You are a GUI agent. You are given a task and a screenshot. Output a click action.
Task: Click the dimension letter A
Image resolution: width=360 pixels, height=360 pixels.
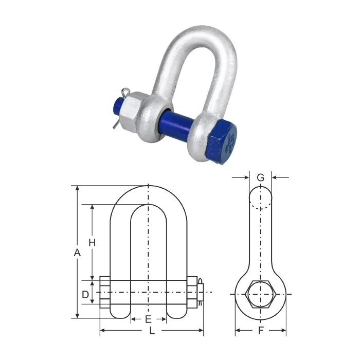click(x=77, y=253)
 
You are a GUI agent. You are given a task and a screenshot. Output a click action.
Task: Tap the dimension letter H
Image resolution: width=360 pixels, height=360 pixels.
click(x=92, y=242)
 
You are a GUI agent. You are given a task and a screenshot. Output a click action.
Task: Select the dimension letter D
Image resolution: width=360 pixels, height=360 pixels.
click(x=85, y=294)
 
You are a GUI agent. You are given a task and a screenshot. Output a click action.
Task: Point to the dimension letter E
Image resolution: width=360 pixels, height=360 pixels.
click(x=149, y=319)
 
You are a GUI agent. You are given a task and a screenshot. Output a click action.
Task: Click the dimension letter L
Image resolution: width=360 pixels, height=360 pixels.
click(x=152, y=330)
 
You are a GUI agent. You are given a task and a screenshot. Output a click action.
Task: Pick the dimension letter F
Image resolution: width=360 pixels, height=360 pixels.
click(x=261, y=330)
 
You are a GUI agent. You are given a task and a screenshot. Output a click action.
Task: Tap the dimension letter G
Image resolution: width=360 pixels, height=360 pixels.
click(x=261, y=178)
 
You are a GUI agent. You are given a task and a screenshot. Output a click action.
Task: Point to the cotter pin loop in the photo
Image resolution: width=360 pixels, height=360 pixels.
click(x=125, y=92)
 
